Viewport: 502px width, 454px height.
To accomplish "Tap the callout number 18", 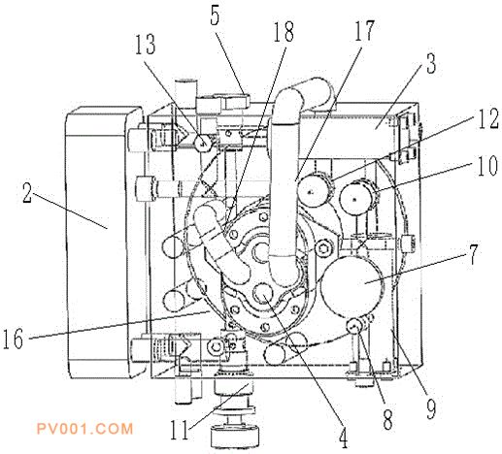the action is [284, 31].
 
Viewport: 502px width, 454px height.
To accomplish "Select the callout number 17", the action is [364, 30].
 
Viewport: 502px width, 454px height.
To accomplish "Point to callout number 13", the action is [146, 44].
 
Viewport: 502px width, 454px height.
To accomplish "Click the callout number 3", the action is [431, 63].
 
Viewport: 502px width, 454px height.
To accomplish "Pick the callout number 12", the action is [488, 118].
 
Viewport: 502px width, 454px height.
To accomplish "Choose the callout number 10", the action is [487, 165].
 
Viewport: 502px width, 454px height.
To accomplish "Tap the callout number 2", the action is [27, 192].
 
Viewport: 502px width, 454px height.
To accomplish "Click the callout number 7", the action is [473, 254].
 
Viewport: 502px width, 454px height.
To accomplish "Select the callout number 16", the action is [13, 338].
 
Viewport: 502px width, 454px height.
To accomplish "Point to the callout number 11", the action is [180, 429].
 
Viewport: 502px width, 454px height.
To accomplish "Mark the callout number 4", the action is [343, 438].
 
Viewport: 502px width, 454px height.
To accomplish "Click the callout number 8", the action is [387, 419].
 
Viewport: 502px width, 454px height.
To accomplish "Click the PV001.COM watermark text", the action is [84, 429].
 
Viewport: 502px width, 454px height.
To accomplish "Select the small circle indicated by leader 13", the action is [203, 143].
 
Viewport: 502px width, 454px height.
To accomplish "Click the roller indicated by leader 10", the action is [355, 199].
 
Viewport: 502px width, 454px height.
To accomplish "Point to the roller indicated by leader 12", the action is [313, 192].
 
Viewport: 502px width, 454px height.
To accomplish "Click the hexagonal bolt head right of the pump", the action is [325, 248].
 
